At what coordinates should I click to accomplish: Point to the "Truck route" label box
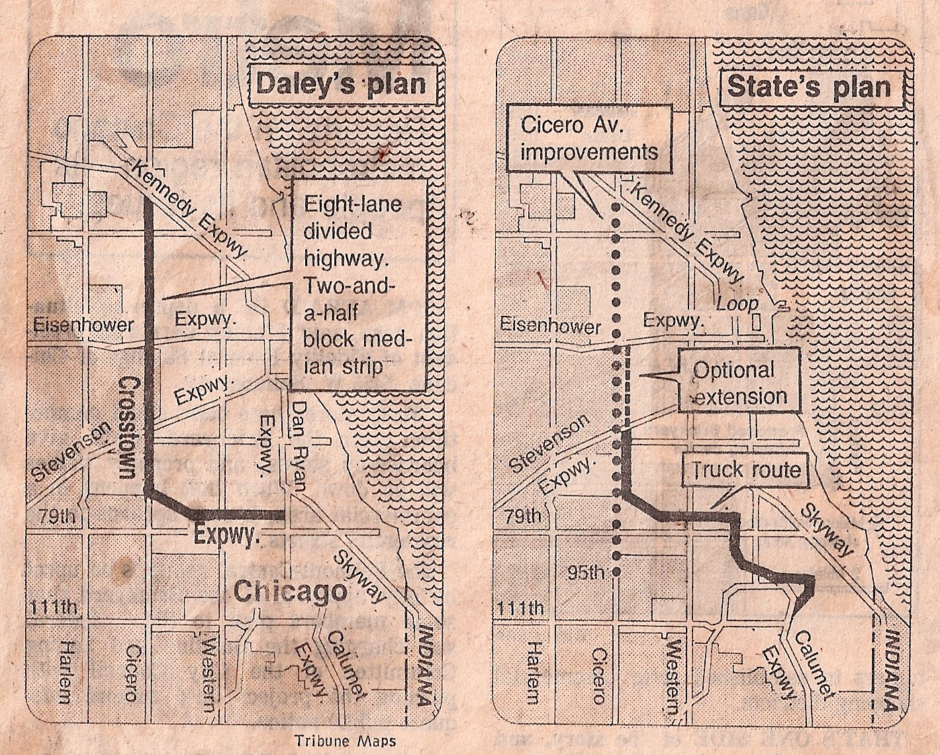click(x=746, y=470)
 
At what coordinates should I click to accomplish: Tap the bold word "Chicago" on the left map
click(x=291, y=591)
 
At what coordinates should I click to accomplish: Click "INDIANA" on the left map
click(x=428, y=669)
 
